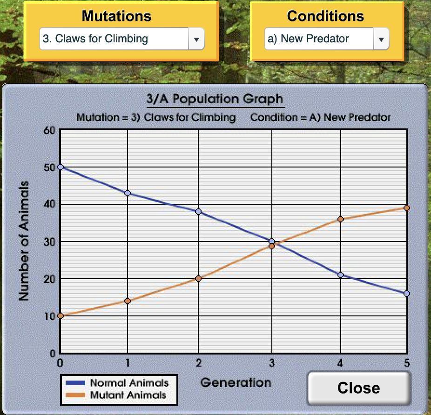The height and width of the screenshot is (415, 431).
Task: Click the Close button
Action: coord(359,388)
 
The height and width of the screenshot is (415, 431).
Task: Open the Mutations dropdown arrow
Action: coord(196,39)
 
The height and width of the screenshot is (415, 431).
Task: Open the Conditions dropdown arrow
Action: coord(381,39)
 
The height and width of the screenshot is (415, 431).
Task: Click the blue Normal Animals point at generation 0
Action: coord(60,167)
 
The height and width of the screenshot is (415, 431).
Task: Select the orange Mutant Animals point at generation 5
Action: coord(407,208)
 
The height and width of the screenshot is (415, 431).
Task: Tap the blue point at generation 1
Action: coord(128,193)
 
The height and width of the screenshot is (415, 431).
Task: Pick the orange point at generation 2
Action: coord(198,279)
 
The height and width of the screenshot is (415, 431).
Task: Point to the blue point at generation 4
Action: coord(341,275)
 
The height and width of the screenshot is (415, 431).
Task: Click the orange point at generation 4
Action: coord(341,219)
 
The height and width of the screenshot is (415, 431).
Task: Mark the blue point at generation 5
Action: coord(407,294)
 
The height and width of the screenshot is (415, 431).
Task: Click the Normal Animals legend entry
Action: coord(117,383)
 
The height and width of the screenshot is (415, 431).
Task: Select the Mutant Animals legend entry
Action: coord(116,395)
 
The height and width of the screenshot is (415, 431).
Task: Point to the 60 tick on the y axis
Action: coord(49,130)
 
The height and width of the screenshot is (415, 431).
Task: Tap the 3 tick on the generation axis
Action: coord(272,363)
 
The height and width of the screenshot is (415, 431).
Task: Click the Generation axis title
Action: coord(236,382)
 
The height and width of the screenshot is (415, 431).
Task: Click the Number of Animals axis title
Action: coord(24,241)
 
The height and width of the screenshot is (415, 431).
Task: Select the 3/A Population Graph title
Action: coord(215,99)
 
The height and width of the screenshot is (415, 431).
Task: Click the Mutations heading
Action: coord(116,16)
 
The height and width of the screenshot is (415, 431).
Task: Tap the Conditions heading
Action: coord(325,16)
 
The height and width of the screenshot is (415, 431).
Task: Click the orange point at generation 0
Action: coord(60,316)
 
